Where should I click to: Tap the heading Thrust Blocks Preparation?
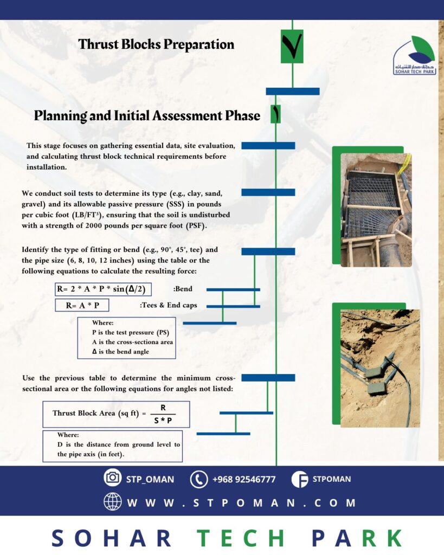click(156, 44)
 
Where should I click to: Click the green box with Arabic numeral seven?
click(292, 47)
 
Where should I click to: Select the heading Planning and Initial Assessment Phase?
click(147, 115)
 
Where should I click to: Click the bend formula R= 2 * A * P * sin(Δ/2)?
click(104, 289)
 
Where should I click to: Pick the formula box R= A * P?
click(82, 305)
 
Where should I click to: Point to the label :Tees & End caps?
click(169, 305)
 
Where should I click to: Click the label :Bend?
click(180, 289)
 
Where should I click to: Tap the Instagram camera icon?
click(112, 478)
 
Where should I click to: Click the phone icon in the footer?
click(199, 479)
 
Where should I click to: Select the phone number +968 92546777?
click(244, 479)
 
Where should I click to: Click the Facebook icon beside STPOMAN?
click(299, 479)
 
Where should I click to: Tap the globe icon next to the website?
click(112, 502)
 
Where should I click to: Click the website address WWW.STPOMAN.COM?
click(241, 502)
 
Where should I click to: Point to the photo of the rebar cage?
click(376, 210)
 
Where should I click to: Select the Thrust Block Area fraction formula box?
click(116, 415)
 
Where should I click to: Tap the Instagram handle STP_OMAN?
click(150, 479)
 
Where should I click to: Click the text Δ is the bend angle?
click(120, 352)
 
